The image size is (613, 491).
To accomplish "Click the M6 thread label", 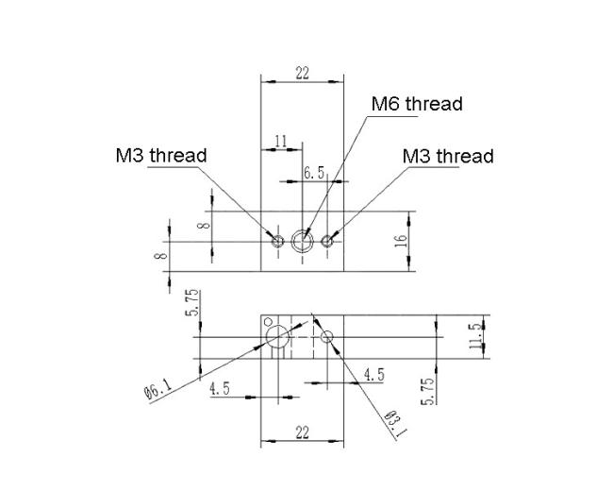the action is [x=417, y=104].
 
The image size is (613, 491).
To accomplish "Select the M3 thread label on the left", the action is [x=161, y=156].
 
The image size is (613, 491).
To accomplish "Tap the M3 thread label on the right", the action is [x=448, y=156].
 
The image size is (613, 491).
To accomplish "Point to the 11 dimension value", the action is [x=281, y=141].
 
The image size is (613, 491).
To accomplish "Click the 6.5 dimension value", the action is [x=315, y=172].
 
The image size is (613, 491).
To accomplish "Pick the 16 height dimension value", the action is [x=401, y=241].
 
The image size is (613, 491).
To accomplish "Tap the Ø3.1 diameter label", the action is [x=396, y=424].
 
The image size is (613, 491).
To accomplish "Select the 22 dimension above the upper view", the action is [x=302, y=73].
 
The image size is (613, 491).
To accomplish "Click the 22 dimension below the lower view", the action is [x=302, y=432].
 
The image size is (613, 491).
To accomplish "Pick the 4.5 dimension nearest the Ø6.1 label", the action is [x=220, y=389].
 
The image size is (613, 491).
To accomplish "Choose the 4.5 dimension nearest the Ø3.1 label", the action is [x=374, y=375].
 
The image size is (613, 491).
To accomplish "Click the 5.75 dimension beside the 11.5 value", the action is [x=428, y=391].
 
